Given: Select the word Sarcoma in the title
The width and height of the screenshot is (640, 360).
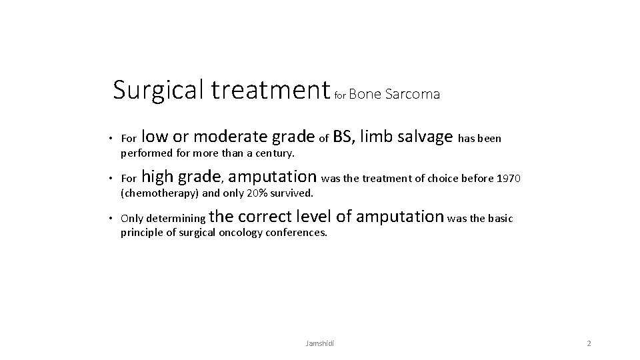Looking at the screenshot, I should click(x=413, y=94).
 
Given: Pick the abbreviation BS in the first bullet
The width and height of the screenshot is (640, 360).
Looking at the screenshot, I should click(x=342, y=137).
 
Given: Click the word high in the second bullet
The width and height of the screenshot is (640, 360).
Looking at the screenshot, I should click(x=157, y=177).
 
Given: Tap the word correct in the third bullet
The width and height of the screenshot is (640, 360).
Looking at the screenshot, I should click(x=265, y=217).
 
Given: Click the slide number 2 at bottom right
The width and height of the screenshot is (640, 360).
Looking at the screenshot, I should click(x=589, y=343).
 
